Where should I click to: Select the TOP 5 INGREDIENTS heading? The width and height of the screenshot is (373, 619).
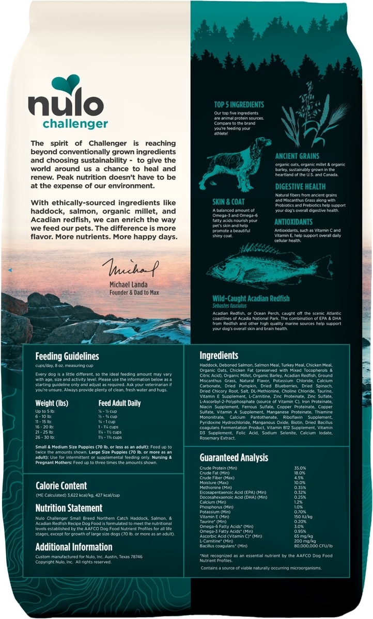[239, 105]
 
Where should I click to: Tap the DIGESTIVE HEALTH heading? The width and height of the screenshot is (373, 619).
[300, 186]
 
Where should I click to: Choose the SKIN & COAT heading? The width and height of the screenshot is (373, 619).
[228, 202]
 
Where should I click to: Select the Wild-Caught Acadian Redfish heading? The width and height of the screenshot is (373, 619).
[251, 299]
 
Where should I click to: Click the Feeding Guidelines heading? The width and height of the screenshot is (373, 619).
[67, 356]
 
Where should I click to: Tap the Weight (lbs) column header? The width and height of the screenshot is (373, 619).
[52, 403]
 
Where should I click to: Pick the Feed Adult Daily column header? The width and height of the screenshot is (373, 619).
[119, 403]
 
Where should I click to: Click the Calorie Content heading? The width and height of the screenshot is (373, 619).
[61, 486]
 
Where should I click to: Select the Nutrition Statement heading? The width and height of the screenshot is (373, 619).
[69, 508]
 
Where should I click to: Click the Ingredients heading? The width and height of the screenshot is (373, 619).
[219, 355]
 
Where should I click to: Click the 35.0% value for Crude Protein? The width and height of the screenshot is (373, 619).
[314, 468]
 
